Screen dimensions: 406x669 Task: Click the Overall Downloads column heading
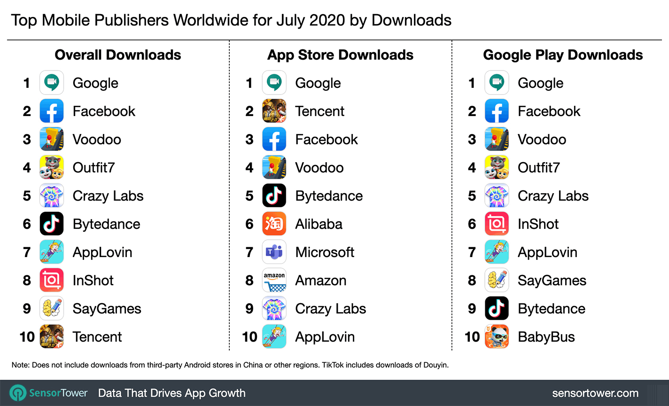pyautogui.click(x=118, y=55)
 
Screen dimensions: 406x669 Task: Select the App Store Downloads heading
pyautogui.click(x=340, y=55)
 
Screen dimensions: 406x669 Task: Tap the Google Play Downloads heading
pyautogui.click(x=563, y=55)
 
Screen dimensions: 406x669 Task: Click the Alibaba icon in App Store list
pyautogui.click(x=274, y=224)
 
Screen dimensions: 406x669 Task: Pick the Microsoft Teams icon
pyautogui.click(x=274, y=252)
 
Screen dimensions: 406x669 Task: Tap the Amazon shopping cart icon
pyautogui.click(x=274, y=281)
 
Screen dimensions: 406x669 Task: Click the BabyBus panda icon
pyautogui.click(x=497, y=337)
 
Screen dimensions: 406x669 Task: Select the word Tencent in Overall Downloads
pyautogui.click(x=97, y=337)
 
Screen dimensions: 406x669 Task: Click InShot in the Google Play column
pyautogui.click(x=538, y=224)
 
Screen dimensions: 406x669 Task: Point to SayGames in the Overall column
pyautogui.click(x=107, y=309)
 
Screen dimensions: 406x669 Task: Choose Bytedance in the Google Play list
pyautogui.click(x=551, y=309)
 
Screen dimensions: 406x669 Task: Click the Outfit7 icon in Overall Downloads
pyautogui.click(x=52, y=168)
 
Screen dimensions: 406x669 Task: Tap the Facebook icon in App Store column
pyautogui.click(x=274, y=140)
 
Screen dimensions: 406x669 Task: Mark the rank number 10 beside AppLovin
pyautogui.click(x=249, y=337)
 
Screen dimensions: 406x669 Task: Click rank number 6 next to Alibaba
pyautogui.click(x=249, y=224)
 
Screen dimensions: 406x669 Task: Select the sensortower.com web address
pyautogui.click(x=595, y=393)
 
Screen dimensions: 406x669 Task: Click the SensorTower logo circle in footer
pyautogui.click(x=18, y=393)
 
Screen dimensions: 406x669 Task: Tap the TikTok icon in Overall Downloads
pyautogui.click(x=52, y=224)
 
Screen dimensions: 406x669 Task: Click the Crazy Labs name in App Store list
pyautogui.click(x=330, y=309)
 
